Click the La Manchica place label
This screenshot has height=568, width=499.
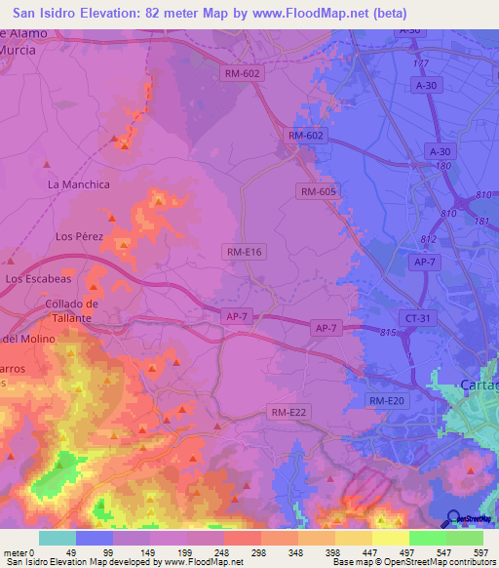point(79,183)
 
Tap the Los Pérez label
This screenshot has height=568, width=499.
point(79,236)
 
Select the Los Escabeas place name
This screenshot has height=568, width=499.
point(40,278)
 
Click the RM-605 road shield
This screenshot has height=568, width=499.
point(319,192)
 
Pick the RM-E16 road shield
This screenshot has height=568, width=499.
point(244,252)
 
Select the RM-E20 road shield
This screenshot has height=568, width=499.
point(386,401)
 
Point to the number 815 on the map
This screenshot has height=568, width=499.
point(388,333)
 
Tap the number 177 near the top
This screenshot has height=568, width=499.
point(420,62)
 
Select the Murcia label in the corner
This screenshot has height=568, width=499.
point(19,50)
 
